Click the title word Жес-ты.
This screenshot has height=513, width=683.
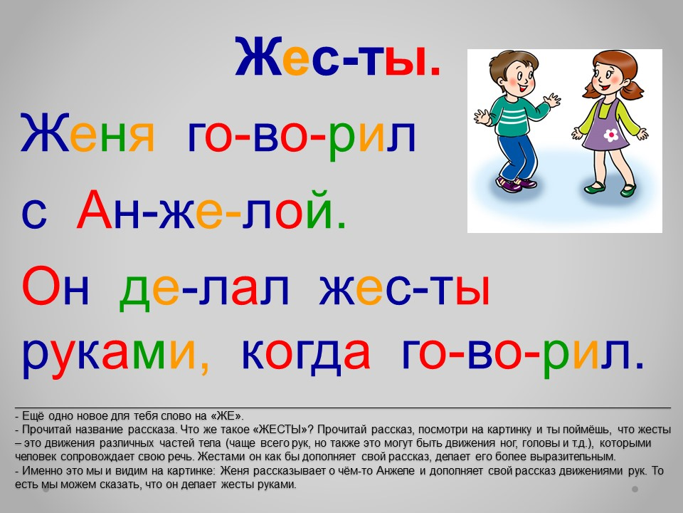338,57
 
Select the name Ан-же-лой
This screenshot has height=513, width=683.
211,210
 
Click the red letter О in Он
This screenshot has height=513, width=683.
40,285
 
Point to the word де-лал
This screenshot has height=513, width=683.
204,290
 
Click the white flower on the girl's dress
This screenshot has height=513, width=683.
610,135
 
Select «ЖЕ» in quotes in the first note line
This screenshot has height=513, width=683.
227,415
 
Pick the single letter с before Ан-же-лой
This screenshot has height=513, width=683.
34,217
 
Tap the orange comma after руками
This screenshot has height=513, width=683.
204,368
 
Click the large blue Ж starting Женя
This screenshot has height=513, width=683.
45,132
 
